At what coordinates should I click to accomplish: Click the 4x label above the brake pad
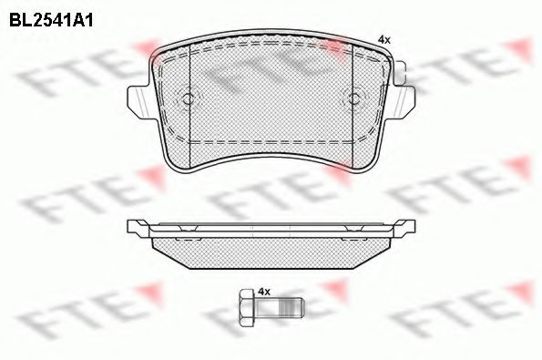pyautogui.click(x=383, y=39)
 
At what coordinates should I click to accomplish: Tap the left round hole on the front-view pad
pyautogui.click(x=188, y=99)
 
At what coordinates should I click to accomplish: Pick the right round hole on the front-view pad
pyautogui.click(x=350, y=99)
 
